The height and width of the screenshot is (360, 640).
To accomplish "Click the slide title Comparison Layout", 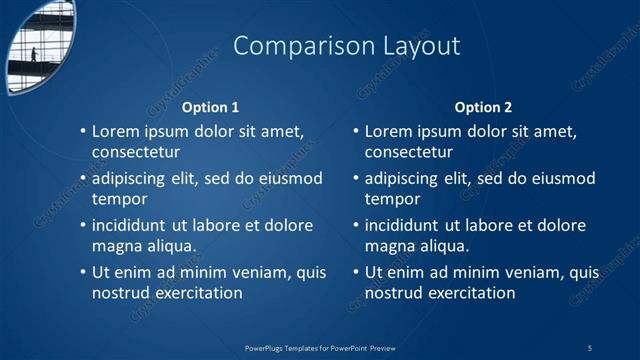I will [x=346, y=46].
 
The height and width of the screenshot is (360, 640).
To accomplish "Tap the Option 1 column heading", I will [x=210, y=107].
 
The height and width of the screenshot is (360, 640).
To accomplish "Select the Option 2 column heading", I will [x=483, y=107].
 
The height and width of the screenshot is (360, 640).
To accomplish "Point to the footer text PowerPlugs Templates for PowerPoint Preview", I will [x=320, y=347].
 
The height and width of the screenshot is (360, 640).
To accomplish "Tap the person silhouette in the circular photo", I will [x=33, y=54].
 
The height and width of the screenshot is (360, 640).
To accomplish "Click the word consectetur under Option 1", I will [x=135, y=153].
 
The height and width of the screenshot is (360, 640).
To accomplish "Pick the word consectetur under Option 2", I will [x=408, y=153].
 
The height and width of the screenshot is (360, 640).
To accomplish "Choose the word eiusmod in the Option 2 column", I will [x=563, y=179].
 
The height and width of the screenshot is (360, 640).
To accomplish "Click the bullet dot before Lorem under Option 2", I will [x=356, y=132].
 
